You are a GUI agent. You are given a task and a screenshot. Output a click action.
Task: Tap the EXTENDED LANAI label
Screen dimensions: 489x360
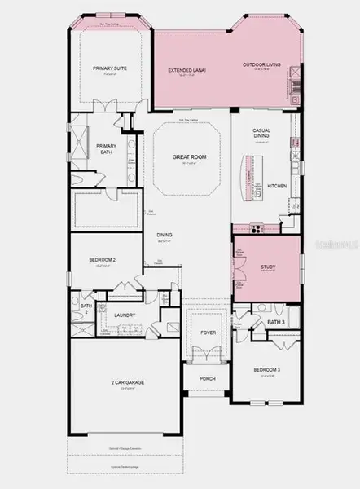[x=187, y=71]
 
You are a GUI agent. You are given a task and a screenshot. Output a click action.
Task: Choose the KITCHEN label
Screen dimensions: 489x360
[x=278, y=187]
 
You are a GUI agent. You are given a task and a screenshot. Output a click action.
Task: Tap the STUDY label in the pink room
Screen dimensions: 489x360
[x=268, y=267]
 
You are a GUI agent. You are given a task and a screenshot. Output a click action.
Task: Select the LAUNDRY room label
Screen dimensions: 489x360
[x=125, y=315]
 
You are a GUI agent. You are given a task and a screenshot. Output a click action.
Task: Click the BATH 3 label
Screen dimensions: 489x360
[x=276, y=323]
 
